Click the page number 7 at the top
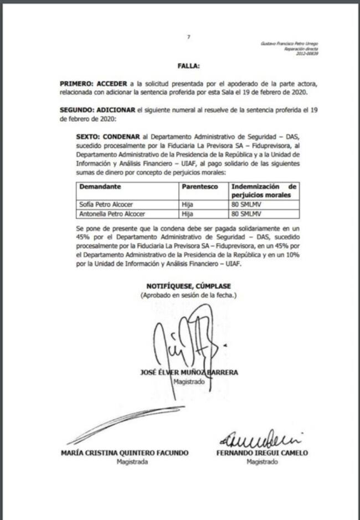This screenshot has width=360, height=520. click(188, 37)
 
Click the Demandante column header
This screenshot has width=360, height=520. click(100, 187)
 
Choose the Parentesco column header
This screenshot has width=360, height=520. click(199, 187)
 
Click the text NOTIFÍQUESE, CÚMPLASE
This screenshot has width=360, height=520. click(188, 286)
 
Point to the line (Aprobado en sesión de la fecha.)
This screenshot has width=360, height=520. click(188, 296)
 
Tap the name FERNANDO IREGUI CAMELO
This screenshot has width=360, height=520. click(262, 452)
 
